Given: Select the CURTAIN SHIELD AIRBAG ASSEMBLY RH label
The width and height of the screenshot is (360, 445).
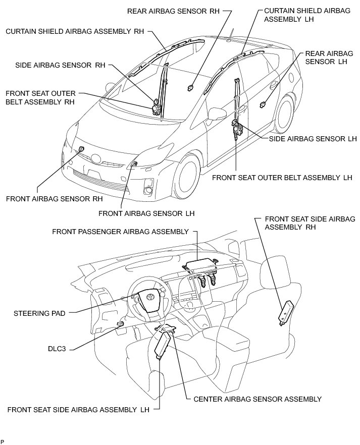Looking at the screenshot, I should [x=75, y=31].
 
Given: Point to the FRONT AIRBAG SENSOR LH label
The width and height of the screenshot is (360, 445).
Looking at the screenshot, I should [x=146, y=213].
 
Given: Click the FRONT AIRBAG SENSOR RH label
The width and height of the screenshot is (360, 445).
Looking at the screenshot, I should [x=55, y=198].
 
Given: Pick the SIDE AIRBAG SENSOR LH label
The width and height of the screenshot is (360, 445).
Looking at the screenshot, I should [x=313, y=138].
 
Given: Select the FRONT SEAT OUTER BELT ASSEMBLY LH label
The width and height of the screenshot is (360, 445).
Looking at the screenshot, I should [x=282, y=177].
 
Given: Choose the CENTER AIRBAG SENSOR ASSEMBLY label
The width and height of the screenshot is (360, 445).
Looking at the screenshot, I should [x=258, y=399].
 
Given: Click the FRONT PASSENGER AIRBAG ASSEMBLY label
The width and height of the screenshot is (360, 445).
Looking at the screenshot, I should [x=120, y=231].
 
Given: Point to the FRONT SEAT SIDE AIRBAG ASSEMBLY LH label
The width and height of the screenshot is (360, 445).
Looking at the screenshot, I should [x=78, y=409].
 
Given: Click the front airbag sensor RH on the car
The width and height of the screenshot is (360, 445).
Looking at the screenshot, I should [x=81, y=149].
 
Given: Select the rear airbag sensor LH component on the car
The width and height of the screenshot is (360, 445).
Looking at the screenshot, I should [x=263, y=104].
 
